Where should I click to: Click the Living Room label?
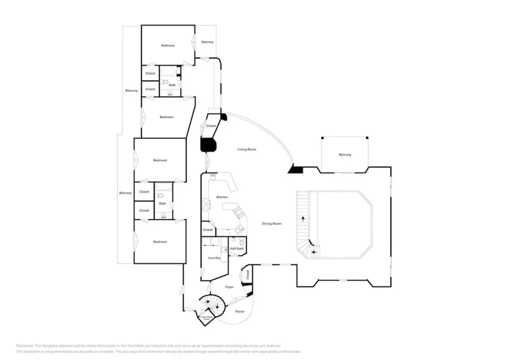pyautogui.click(x=247, y=149)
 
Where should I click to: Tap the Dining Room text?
pyautogui.click(x=271, y=224)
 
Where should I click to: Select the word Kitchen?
pyautogui.click(x=222, y=197)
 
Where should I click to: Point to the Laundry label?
pyautogui.click(x=214, y=258)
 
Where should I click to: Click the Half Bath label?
pyautogui.click(x=237, y=249)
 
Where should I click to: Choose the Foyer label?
pyautogui.click(x=229, y=287)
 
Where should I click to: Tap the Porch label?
pyautogui.click(x=240, y=312)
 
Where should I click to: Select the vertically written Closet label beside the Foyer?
pyautogui.click(x=248, y=275)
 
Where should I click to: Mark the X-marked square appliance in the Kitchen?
pyautogui.click(x=206, y=204)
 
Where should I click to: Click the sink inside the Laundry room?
pyautogui.click(x=224, y=249)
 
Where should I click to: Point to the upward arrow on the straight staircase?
pyautogui.click(x=303, y=219)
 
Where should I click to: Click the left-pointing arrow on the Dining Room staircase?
pyautogui.click(x=314, y=252)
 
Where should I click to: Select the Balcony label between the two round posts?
pyautogui.click(x=345, y=155)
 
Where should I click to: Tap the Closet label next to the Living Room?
pyautogui.click(x=211, y=126)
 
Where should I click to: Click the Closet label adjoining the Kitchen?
pyautogui.click(x=208, y=230)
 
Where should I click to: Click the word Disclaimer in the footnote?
pyautogui.click(x=24, y=346)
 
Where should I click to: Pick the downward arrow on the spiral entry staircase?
pyautogui.click(x=218, y=306)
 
